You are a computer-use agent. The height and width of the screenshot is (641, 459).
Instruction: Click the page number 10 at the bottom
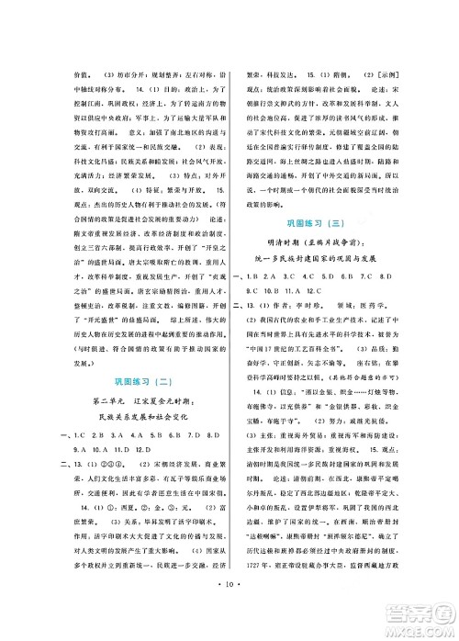click(229, 608)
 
